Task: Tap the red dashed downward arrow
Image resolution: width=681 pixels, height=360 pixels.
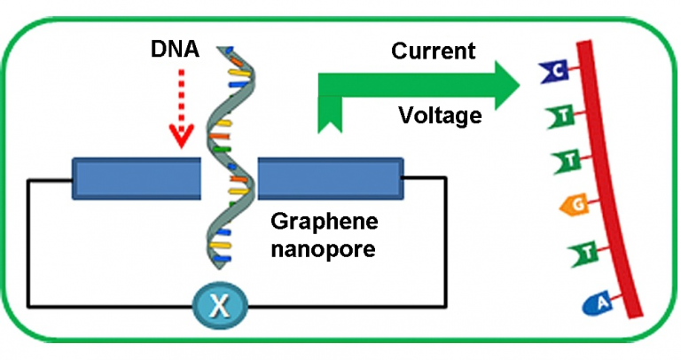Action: [181, 115]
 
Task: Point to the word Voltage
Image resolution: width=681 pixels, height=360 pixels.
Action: [440, 115]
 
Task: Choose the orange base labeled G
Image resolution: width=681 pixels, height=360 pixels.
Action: [575, 207]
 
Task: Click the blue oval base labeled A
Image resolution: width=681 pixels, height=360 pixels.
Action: [599, 304]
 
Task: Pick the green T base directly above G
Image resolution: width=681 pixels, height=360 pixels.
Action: [566, 161]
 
